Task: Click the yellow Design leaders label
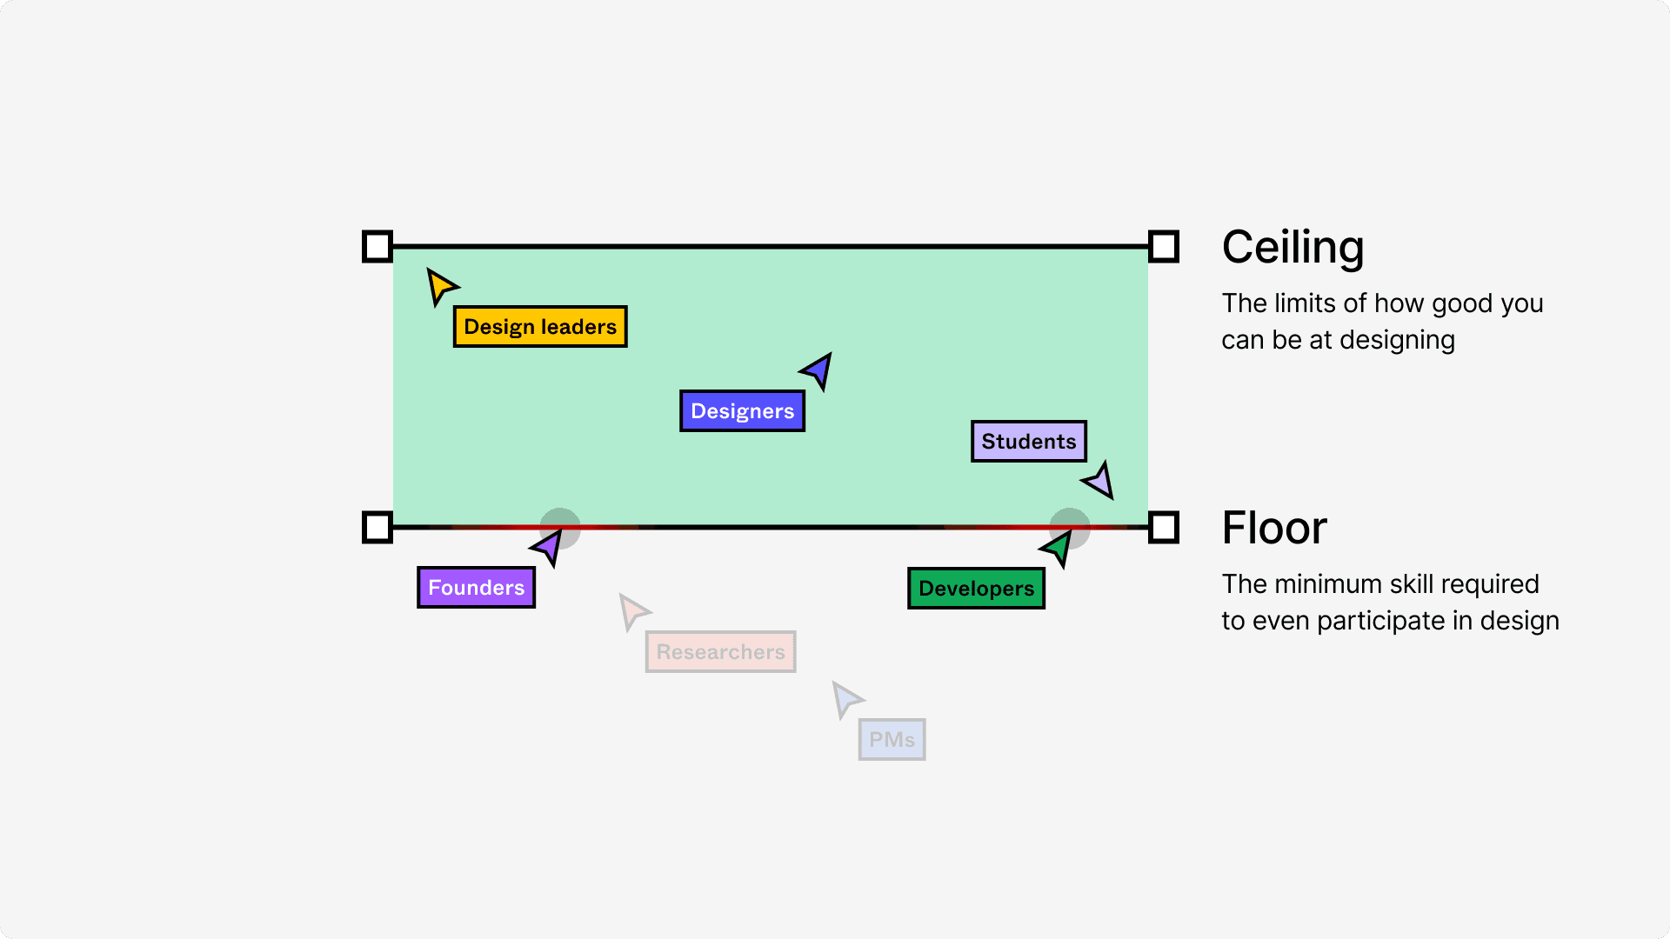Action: [539, 327]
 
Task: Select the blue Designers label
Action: [742, 411]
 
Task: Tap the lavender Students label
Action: [1028, 442]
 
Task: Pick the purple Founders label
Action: [476, 588]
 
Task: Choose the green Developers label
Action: [976, 589]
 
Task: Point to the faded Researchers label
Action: [720, 652]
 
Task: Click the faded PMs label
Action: [892, 740]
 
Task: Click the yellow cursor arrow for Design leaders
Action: [440, 285]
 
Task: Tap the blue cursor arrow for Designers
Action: [818, 370]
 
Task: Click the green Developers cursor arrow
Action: [1058, 548]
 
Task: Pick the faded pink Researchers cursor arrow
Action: [633, 610]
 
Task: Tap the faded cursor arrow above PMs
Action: [845, 698]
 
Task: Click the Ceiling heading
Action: [1293, 247]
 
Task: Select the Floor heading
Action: [1274, 528]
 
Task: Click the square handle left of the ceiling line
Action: [377, 247]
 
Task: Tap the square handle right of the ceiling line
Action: [1164, 247]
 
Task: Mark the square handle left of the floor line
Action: [377, 528]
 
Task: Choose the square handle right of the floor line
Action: [1164, 528]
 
